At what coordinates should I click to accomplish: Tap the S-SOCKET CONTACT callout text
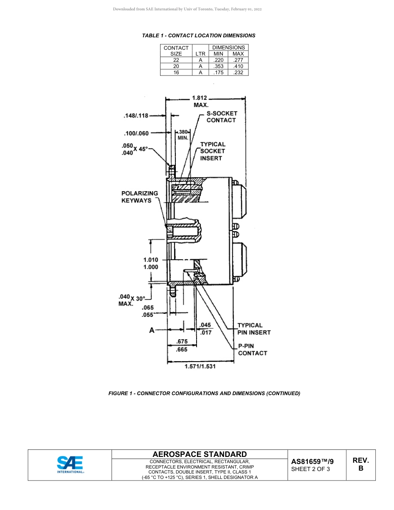tap(221, 117)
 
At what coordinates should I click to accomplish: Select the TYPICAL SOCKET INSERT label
tap(212, 151)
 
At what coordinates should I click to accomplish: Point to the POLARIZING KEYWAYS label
tap(140, 197)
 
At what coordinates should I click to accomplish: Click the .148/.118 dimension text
tap(136, 116)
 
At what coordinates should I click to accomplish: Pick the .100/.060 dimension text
tap(136, 134)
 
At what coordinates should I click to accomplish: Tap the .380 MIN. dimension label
tap(183, 135)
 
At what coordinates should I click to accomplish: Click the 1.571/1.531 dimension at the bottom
tap(200, 367)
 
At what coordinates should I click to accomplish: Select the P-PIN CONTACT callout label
tap(252, 350)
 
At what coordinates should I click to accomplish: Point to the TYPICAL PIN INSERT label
tap(254, 329)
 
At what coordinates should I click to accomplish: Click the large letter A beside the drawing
tap(152, 330)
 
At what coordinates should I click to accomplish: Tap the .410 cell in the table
tap(238, 66)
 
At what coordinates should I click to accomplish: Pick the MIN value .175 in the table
tap(218, 73)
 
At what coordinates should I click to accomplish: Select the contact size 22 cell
tap(176, 60)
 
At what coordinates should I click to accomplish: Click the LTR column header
tap(200, 54)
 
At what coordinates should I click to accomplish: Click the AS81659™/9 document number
tap(312, 461)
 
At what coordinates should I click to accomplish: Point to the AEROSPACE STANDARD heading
tap(199, 454)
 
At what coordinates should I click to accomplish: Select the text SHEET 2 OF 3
tap(311, 469)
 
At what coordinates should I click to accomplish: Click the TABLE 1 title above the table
tap(199, 36)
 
